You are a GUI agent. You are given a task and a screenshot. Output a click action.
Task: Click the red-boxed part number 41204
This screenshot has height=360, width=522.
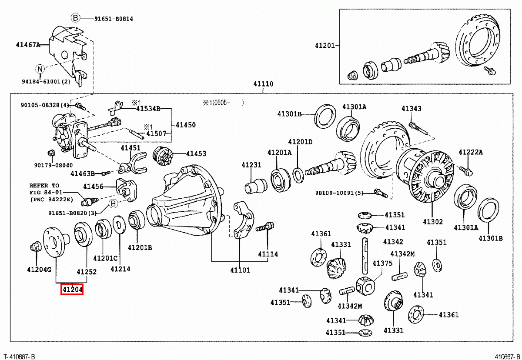pyautogui.click(x=72, y=289)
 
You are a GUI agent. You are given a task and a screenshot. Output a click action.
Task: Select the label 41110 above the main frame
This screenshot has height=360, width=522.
pyautogui.click(x=264, y=84)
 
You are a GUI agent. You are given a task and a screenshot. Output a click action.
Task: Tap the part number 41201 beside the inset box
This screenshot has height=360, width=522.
pyautogui.click(x=325, y=45)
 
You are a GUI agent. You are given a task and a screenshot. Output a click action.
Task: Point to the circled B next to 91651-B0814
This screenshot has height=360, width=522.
pyautogui.click(x=75, y=18)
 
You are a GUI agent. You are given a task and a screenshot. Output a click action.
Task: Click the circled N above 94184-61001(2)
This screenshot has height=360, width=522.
pyautogui.click(x=40, y=69)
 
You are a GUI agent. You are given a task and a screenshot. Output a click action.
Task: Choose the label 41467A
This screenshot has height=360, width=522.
pyautogui.click(x=28, y=44)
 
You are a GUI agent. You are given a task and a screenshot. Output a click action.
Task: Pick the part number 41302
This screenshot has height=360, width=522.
pyautogui.click(x=432, y=222)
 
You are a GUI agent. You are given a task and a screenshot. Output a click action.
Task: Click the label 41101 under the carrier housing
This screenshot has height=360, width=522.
pyautogui.click(x=240, y=270)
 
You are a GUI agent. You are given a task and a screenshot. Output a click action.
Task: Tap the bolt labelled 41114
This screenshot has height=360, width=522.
pyautogui.click(x=265, y=227)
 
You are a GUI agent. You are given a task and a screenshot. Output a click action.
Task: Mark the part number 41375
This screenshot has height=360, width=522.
pyautogui.click(x=383, y=263)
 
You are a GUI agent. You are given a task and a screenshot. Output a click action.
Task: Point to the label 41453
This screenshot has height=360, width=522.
pyautogui.click(x=196, y=153)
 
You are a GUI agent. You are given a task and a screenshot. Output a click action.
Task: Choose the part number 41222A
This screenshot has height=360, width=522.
pyautogui.click(x=471, y=152)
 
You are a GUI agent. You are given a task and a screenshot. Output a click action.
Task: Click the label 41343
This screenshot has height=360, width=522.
pyautogui.click(x=412, y=109)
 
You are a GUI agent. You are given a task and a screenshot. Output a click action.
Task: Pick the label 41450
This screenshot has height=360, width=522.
pyautogui.click(x=186, y=125)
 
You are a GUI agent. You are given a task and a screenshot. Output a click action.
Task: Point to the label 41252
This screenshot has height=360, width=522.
pyautogui.click(x=87, y=272)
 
